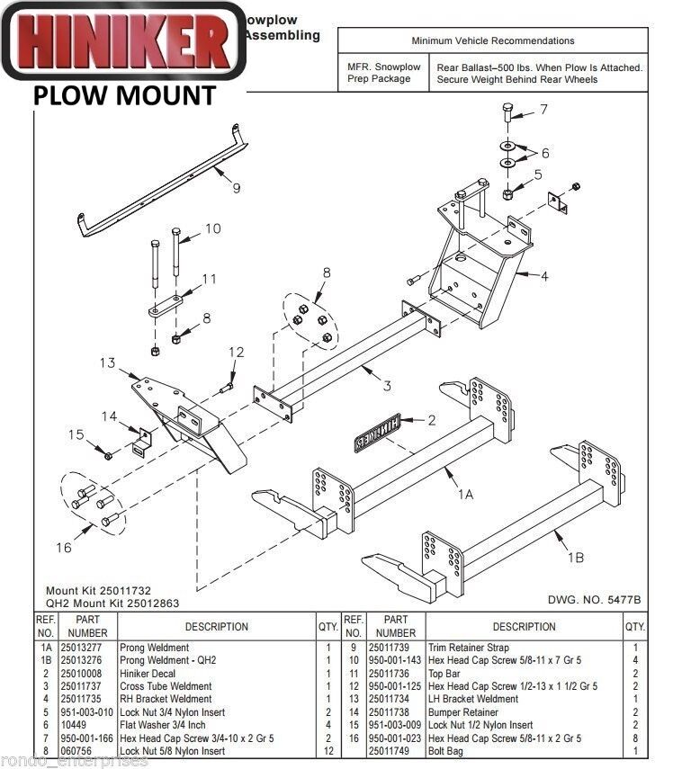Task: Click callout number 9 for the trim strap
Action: (236, 188)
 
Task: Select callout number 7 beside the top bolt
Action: (543, 111)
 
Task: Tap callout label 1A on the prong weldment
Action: (465, 494)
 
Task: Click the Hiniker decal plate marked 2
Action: (377, 433)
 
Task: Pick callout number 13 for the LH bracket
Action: (108, 362)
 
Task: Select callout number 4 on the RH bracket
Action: (543, 276)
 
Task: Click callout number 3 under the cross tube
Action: (386, 387)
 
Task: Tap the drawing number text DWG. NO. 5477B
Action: (594, 599)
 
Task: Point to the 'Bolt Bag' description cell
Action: (448, 751)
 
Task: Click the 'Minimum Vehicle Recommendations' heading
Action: (492, 40)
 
